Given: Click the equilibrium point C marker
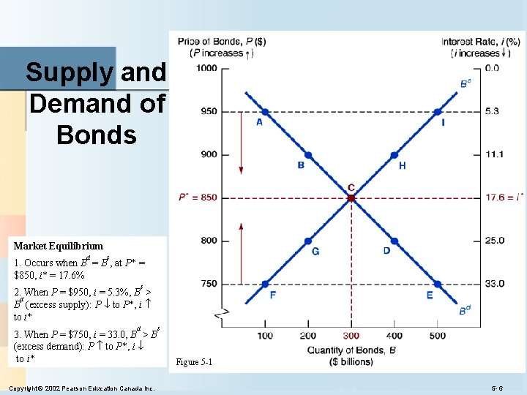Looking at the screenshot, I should [x=351, y=197].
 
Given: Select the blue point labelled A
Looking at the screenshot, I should [x=265, y=112].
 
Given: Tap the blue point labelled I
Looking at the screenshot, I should [x=437, y=112].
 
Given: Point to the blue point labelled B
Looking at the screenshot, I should [x=308, y=155].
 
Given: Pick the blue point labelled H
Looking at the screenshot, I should [x=395, y=155].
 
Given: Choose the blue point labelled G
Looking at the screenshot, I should [x=308, y=241].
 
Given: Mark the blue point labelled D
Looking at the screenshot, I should [x=395, y=241].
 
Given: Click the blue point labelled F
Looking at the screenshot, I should [x=265, y=284].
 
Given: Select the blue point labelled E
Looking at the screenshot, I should [x=437, y=284].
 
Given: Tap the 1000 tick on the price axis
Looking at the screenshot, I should [x=207, y=68].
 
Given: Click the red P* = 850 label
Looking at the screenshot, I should [x=198, y=197].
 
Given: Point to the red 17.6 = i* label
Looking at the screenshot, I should [x=504, y=197].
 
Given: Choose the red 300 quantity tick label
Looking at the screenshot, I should [x=351, y=336].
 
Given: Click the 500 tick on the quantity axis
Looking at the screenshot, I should [x=437, y=336].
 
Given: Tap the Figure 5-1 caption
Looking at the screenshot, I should [x=194, y=362].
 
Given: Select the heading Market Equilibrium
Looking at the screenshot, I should [x=59, y=246].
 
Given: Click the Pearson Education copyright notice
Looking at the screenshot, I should [x=81, y=388].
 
